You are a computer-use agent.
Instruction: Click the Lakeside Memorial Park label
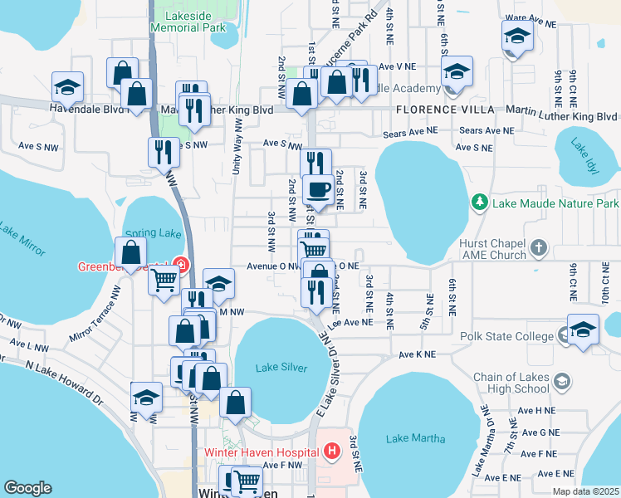pyautogui.click(x=188, y=21)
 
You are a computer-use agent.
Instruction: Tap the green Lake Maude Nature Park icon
pyautogui.click(x=479, y=203)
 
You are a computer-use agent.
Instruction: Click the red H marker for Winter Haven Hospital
pyautogui.click(x=332, y=452)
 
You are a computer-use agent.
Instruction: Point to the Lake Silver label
pyautogui.click(x=282, y=368)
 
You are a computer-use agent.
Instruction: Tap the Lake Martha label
pyautogui.click(x=416, y=438)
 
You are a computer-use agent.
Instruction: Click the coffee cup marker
pyautogui.click(x=318, y=190)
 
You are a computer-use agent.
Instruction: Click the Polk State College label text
pyautogui.click(x=506, y=336)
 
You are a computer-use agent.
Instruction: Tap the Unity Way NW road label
pyautogui.click(x=238, y=145)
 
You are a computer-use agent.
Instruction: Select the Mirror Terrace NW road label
pyautogui.click(x=98, y=321)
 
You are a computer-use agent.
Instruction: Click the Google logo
pyautogui.click(x=28, y=488)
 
